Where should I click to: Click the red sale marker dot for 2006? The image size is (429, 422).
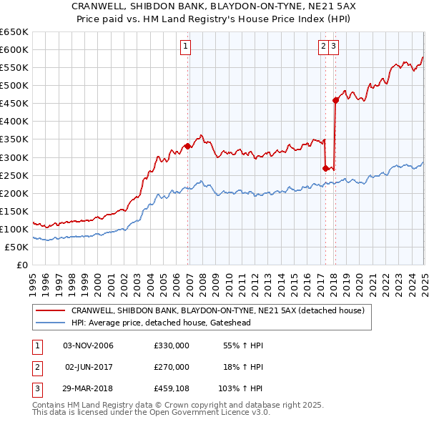coord(187,146)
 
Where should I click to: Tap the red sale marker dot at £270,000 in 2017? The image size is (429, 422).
coord(325,168)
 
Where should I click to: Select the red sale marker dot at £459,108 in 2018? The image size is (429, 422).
coord(335,100)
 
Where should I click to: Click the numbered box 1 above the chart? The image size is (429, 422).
coord(185,46)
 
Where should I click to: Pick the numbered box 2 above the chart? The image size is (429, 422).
coord(323,46)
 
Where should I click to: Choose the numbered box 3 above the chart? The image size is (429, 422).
coord(334,46)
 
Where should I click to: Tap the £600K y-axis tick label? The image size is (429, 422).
coord(14,49)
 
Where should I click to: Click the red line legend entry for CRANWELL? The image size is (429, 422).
coord(217,310)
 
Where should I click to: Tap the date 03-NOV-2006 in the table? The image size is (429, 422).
coord(89,345)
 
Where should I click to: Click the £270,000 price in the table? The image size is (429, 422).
coord(172,366)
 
